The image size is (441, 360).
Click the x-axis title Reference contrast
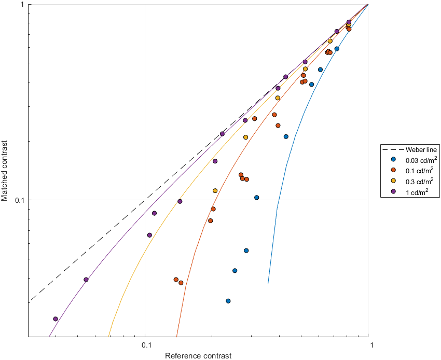point(198,356)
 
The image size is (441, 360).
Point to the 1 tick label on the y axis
point(23,5)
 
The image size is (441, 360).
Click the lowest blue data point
point(228,301)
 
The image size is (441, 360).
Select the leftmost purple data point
point(56,319)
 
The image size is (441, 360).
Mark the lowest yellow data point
point(215,191)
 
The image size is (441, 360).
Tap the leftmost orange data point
point(176,280)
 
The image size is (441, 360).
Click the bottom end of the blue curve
point(268,283)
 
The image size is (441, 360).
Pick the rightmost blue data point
point(337,49)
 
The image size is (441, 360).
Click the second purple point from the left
point(86,280)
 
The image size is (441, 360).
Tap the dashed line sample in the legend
point(393,150)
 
